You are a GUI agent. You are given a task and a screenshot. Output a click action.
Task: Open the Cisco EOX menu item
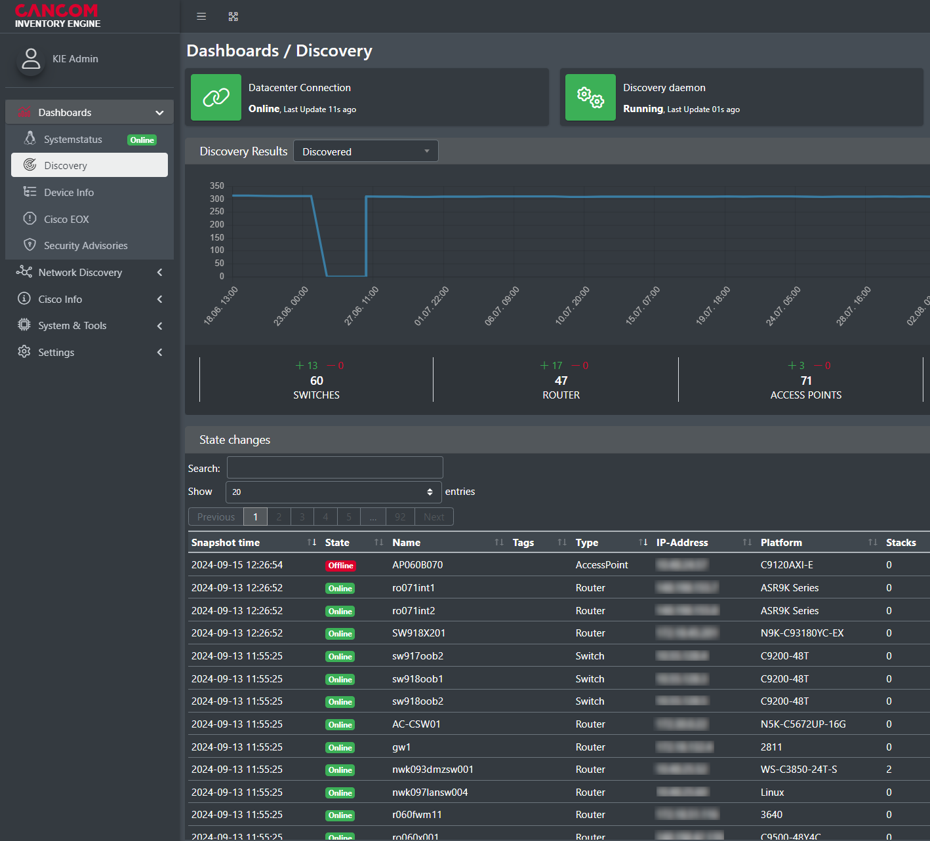pos(66,219)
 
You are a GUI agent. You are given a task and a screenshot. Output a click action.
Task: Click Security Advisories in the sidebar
pos(85,246)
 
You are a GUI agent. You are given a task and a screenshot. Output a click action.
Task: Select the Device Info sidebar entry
pos(69,193)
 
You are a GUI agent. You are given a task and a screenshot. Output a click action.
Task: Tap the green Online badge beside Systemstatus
pos(142,140)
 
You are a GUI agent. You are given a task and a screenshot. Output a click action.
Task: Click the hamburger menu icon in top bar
pos(201,16)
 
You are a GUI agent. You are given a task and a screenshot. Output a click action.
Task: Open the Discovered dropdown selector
pos(365,151)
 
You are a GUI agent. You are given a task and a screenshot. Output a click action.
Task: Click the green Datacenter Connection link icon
pos(216,98)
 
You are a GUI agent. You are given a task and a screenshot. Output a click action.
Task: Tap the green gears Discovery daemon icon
pos(590,98)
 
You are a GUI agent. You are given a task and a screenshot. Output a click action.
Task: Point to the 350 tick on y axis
pos(217,186)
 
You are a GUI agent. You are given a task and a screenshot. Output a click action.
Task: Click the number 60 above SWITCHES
pos(316,381)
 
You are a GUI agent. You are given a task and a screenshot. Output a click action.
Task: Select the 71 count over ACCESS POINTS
pos(806,381)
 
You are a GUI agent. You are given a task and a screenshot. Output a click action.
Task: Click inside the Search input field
pos(334,468)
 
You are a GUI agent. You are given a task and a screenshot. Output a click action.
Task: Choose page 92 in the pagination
pos(400,517)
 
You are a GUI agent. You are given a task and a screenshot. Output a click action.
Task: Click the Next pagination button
pos(434,517)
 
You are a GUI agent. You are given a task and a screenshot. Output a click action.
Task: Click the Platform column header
pos(781,543)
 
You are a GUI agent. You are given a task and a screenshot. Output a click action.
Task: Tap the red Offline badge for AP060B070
pos(340,566)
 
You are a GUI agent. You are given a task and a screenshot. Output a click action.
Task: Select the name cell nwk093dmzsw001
pos(432,770)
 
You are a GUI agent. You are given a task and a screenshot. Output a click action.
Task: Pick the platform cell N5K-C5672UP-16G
pos(803,724)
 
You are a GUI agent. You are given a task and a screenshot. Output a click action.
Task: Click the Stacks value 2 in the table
pos(889,770)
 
